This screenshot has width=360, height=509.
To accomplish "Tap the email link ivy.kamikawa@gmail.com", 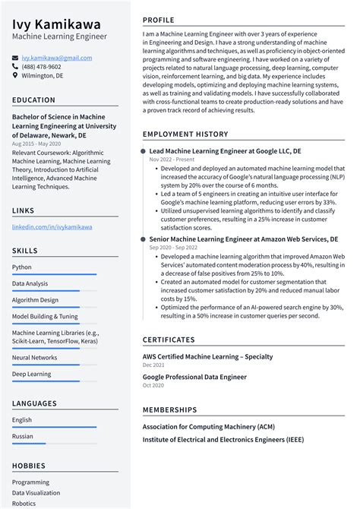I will pos(57,58).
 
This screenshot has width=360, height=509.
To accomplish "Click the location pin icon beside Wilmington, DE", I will pos(15,76).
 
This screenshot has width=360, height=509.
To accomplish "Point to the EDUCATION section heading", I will pos(34,100).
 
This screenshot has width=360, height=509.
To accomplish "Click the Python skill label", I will pos(22,267).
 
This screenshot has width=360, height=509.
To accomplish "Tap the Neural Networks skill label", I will pos(34,357).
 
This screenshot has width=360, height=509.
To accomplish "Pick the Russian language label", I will pos(23,437).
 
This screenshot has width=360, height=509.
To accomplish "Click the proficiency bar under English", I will pos(54,426).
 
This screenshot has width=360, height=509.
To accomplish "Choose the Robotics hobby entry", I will pos(24,503).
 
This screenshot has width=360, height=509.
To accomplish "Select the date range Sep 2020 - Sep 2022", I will pos(174,248).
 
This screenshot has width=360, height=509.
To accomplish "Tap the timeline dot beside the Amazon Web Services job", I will pos(143,239).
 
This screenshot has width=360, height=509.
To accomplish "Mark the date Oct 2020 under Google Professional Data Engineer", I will pos(153,385).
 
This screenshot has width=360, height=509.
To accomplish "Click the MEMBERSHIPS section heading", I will pos(171,410).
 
